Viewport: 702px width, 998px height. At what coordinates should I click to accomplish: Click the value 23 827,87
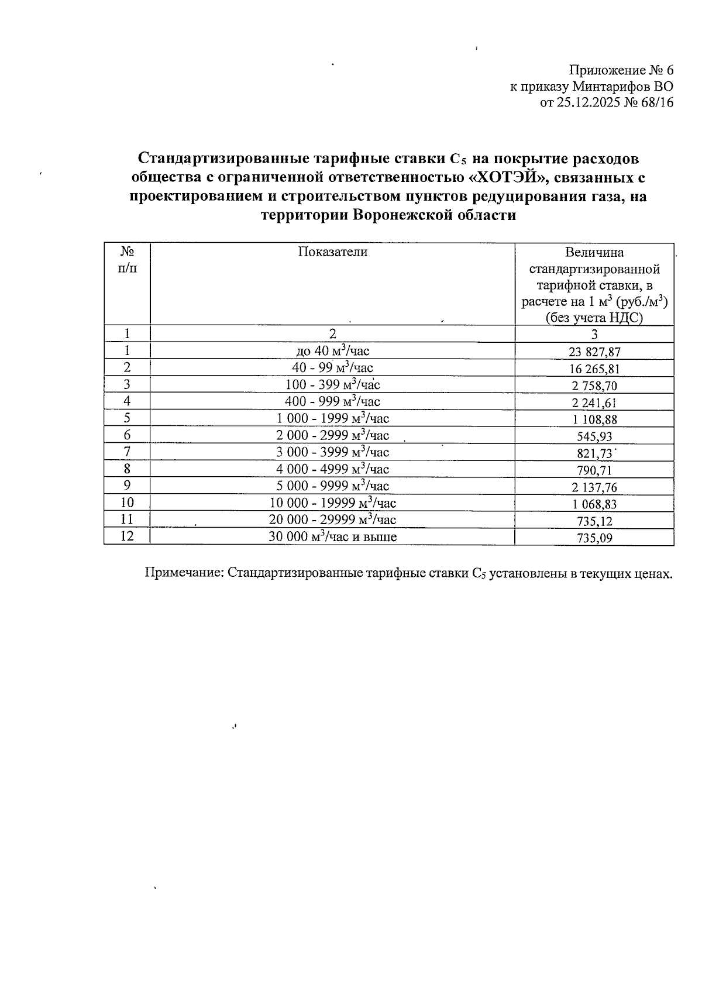point(594,352)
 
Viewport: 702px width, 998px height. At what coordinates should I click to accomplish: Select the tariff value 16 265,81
point(594,369)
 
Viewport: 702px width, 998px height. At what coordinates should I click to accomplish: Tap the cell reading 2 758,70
point(594,386)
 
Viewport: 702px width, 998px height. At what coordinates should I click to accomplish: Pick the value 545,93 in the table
point(594,436)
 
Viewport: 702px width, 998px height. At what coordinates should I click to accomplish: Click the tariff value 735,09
point(594,538)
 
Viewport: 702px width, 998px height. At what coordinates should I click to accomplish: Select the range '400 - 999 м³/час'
point(332,401)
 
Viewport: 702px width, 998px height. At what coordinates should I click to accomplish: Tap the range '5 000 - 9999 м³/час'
point(332,486)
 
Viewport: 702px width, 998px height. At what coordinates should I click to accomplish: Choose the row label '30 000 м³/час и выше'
point(332,536)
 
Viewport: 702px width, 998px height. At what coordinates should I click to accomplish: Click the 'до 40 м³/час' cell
point(332,351)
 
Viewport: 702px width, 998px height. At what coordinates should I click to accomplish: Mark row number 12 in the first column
point(127,536)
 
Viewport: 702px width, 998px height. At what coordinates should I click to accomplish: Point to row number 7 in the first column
point(127,452)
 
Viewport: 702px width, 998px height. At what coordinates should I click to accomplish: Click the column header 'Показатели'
point(332,252)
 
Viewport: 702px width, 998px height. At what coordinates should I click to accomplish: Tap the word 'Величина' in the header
point(594,253)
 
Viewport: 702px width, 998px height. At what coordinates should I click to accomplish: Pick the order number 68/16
point(656,103)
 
